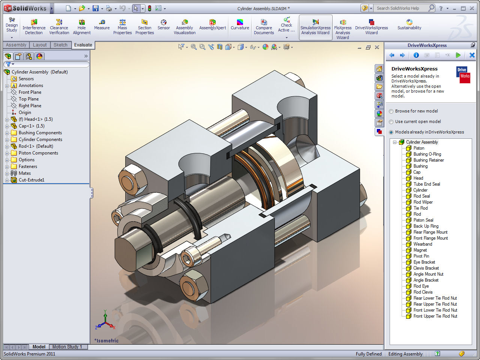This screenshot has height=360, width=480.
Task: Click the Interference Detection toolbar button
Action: (x=34, y=27)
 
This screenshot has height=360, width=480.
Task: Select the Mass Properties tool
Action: (x=122, y=27)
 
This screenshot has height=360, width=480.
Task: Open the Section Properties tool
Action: (x=144, y=27)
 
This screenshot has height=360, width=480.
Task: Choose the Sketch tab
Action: (x=60, y=45)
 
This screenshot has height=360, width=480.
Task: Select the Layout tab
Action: (x=40, y=45)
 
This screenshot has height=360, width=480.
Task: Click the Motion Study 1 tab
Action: (x=67, y=347)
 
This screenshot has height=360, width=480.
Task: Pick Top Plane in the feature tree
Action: (x=28, y=99)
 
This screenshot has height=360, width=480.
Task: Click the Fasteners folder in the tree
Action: (x=28, y=166)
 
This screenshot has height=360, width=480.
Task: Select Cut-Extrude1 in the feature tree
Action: (x=31, y=180)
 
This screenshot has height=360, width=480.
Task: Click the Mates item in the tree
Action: (x=25, y=173)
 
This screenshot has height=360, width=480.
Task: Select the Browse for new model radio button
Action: (x=391, y=111)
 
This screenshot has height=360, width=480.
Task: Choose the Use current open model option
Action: (x=391, y=122)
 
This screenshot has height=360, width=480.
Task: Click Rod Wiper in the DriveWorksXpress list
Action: (x=423, y=202)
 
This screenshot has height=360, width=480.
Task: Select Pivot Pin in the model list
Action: (x=421, y=256)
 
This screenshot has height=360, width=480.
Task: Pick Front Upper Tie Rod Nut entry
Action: (x=435, y=316)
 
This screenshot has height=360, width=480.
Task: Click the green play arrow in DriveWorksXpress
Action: (x=458, y=55)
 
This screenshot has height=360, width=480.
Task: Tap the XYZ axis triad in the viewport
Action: (x=105, y=321)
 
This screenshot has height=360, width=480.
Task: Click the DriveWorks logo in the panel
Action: (x=463, y=74)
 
